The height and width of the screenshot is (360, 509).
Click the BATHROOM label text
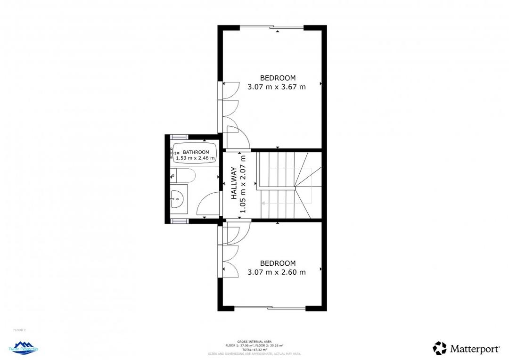point(196,152)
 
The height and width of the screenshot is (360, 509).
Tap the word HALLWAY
point(234,184)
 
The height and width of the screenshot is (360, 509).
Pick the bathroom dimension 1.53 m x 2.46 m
point(195,158)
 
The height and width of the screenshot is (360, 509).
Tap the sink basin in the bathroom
point(178,199)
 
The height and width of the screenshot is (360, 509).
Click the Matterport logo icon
point(440,348)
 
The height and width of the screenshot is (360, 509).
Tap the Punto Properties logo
point(24,348)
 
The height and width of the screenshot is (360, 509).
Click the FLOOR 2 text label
point(19,330)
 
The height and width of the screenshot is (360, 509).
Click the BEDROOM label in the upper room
point(278,78)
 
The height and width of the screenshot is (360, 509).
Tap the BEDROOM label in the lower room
point(278,263)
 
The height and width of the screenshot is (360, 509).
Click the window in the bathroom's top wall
point(179,137)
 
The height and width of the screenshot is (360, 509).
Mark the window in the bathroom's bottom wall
point(179,221)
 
